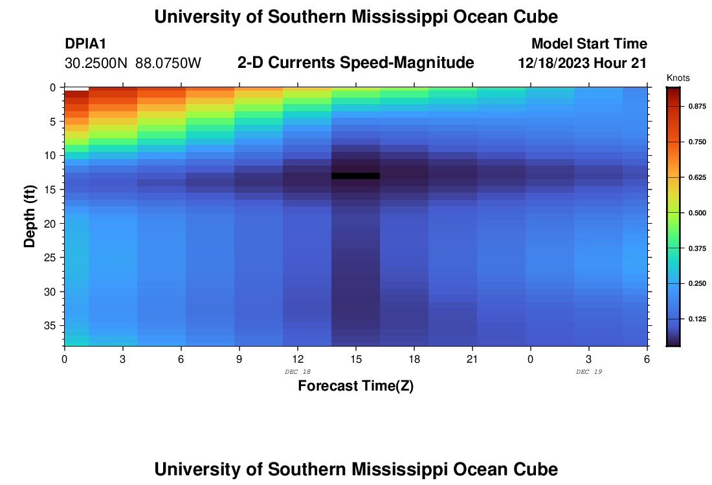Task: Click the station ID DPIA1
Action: [x=85, y=44]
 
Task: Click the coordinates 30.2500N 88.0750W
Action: [x=133, y=63]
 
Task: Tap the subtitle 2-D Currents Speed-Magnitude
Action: [x=356, y=63]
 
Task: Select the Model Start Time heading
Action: [x=589, y=44]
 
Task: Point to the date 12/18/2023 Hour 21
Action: [x=583, y=63]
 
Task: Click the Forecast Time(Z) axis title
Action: [x=355, y=386]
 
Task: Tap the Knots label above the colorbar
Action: [x=678, y=78]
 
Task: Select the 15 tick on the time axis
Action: [x=355, y=359]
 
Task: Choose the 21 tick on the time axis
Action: [x=472, y=359]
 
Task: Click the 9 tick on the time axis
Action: [x=239, y=359]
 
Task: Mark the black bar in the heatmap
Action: [x=355, y=176]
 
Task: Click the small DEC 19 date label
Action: [x=588, y=372]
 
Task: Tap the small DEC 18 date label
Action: [x=297, y=372]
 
